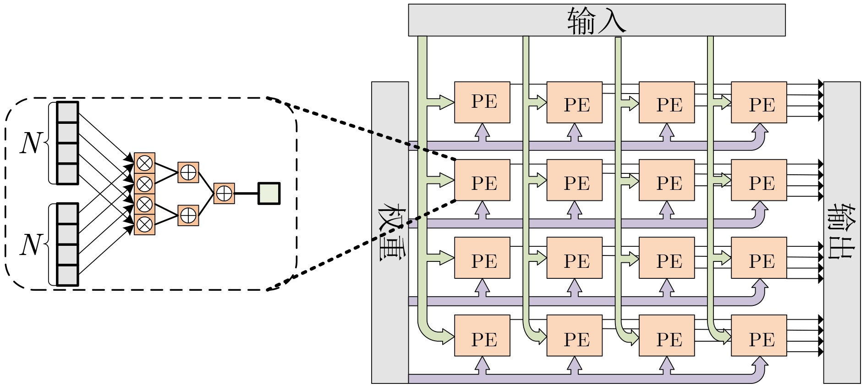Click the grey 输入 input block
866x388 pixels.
tap(597, 20)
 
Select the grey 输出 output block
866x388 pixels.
tap(842, 232)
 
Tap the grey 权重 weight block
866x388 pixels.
tap(389, 232)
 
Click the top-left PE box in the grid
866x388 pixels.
tap(482, 102)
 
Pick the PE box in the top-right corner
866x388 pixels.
tap(759, 102)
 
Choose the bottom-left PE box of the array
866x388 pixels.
tap(482, 336)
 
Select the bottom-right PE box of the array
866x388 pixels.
tap(759, 336)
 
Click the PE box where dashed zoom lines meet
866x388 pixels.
tap(482, 180)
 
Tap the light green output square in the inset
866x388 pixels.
tap(269, 194)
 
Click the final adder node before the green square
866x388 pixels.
tap(224, 194)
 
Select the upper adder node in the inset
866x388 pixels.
tap(188, 172)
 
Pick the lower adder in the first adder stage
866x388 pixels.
tap(188, 215)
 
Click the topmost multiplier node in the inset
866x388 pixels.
tap(145, 163)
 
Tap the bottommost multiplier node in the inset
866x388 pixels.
tap(145, 225)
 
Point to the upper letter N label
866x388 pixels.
tap(31, 143)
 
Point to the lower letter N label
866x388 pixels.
tap(31, 244)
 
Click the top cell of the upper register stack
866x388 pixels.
tap(67, 112)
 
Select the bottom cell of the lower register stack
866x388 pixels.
tap(67, 275)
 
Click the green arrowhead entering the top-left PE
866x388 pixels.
tap(447, 102)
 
